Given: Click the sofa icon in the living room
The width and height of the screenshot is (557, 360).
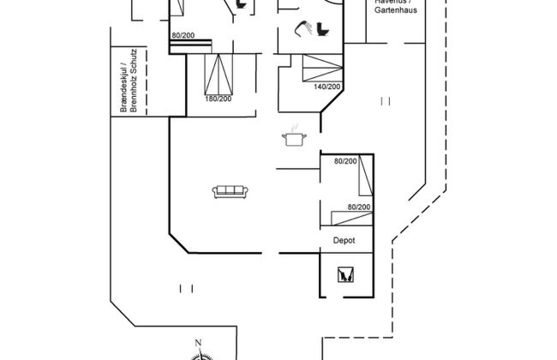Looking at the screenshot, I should [229, 191].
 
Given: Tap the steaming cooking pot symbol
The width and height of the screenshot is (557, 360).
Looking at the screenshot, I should [294, 137].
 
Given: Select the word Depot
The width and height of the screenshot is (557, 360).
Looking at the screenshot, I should [344, 241].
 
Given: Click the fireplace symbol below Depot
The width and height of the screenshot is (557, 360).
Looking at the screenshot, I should [346, 275].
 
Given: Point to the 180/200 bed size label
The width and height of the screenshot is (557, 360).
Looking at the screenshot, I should [218, 99].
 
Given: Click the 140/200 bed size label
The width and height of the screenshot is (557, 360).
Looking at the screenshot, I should [327, 87].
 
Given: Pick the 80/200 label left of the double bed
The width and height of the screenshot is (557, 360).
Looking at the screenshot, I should [182, 35].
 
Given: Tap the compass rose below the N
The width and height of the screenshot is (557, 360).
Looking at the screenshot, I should [203, 352].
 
